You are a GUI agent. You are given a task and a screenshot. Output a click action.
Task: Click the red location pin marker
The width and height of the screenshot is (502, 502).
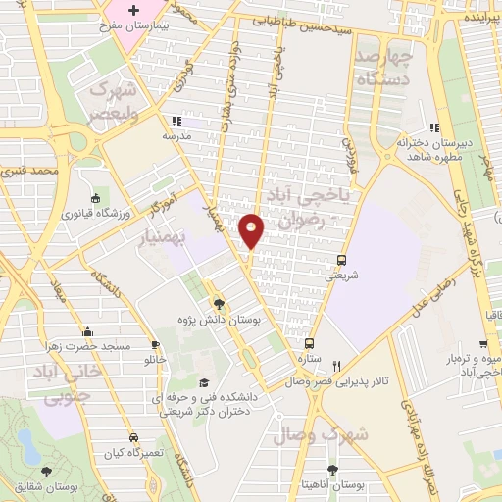252,228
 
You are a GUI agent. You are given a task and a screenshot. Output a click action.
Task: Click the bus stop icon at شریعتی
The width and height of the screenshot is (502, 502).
340,260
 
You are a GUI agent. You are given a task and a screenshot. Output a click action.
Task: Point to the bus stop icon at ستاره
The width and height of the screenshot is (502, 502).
309,343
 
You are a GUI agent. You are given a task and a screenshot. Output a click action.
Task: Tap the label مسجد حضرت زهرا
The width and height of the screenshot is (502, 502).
88,347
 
